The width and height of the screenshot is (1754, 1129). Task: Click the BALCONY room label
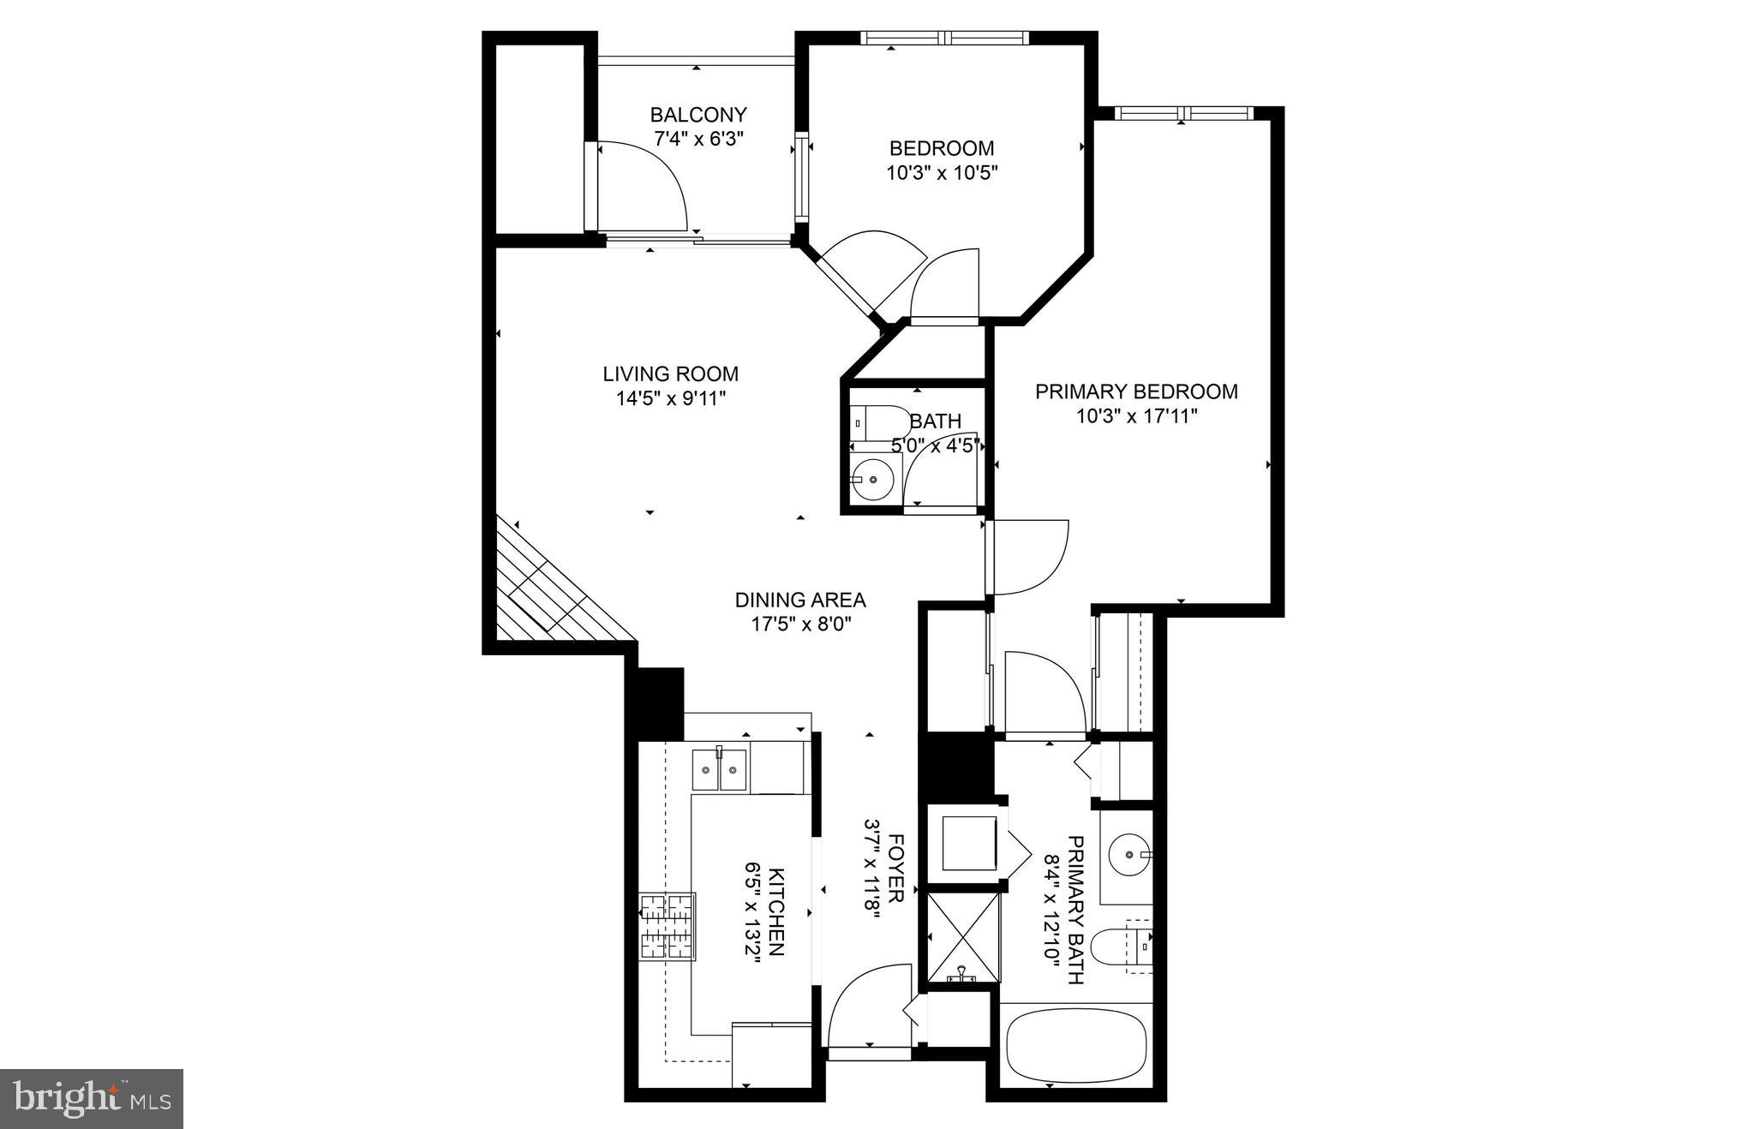pos(698,115)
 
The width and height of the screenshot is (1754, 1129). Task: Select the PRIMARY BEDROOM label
pos(1136,392)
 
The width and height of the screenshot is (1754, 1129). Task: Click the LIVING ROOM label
pos(670,374)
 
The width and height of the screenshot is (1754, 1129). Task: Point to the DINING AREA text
pos(800,600)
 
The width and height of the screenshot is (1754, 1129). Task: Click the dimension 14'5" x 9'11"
pos(670,398)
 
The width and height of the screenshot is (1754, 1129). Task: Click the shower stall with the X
pos(964,938)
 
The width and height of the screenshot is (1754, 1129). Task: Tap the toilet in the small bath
pos(883,422)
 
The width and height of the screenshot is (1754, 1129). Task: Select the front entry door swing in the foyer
pos(865,1007)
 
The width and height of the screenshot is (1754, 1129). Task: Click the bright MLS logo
pos(92,1098)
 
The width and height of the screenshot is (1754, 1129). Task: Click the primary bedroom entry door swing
pos(1027,557)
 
